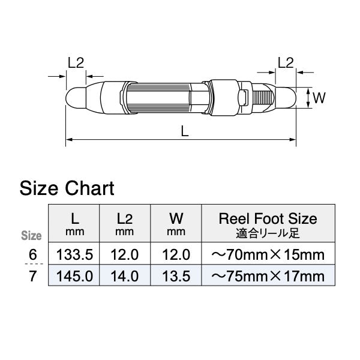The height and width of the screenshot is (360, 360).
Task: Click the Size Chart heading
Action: pyautogui.click(x=67, y=188)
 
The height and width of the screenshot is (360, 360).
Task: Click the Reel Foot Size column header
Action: pyautogui.click(x=268, y=223)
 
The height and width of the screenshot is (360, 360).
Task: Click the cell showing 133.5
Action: pyautogui.click(x=74, y=254)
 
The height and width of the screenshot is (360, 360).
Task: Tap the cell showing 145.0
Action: pyautogui.click(x=74, y=276)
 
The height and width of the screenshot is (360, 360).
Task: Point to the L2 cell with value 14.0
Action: pyautogui.click(x=125, y=276)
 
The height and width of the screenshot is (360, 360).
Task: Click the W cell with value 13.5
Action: pyautogui.click(x=176, y=276)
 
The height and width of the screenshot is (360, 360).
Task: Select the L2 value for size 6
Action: pyautogui.click(x=125, y=254)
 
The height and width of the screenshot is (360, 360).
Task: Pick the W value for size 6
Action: pyautogui.click(x=176, y=254)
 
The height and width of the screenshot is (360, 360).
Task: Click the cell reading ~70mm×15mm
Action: pyautogui.click(x=268, y=254)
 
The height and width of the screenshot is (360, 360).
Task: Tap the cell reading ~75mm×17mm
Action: pyautogui.click(x=268, y=276)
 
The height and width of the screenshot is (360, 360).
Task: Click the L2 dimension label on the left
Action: pyautogui.click(x=75, y=62)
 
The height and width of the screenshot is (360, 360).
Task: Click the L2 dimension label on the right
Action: pyautogui.click(x=286, y=62)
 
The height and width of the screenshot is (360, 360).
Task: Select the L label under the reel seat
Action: pyautogui.click(x=185, y=131)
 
